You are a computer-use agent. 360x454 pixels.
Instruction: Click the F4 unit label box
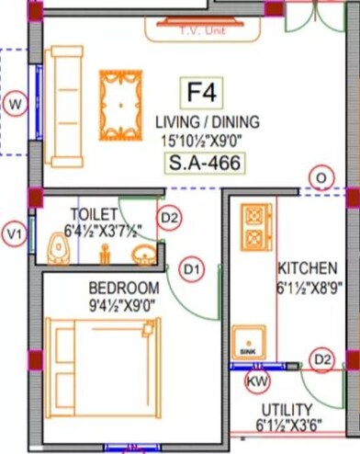click(x=207, y=92)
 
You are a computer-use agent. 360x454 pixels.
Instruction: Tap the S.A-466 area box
click(x=208, y=165)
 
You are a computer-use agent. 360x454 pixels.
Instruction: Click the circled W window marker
click(x=14, y=104)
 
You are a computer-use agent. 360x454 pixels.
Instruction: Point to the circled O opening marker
click(x=321, y=176)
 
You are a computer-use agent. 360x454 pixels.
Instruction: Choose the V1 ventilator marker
click(x=13, y=235)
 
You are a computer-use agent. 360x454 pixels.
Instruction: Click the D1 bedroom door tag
click(x=190, y=269)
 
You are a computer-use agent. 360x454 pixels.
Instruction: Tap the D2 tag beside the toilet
click(x=169, y=218)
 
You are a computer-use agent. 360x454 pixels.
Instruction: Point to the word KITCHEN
click(x=307, y=268)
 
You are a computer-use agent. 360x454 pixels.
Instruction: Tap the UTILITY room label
click(x=287, y=409)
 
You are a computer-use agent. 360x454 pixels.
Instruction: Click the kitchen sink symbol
click(x=248, y=343)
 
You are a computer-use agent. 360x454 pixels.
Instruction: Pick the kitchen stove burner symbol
click(x=252, y=228)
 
